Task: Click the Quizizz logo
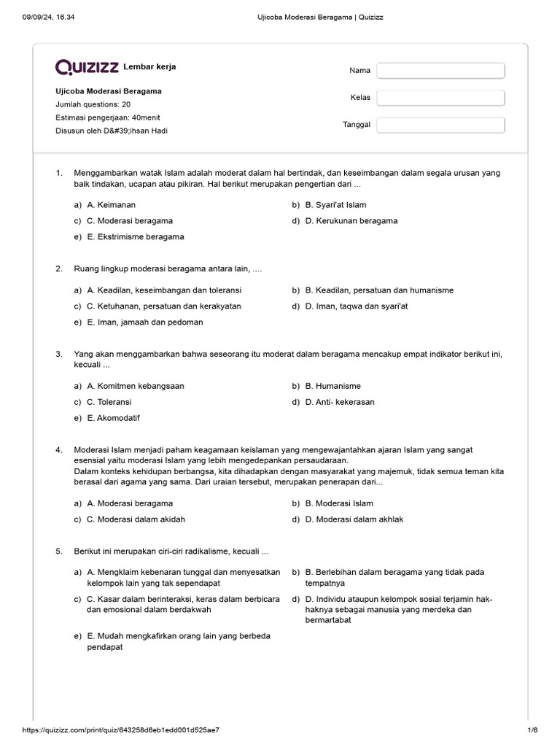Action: pos(87,67)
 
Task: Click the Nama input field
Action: pos(440,71)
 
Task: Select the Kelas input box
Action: pos(440,98)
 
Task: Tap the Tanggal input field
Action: pos(440,125)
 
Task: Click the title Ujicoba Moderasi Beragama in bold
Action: pos(109,91)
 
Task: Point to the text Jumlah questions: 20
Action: pos(93,104)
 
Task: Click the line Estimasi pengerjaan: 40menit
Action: pos(103,117)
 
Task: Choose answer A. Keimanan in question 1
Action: pos(111,205)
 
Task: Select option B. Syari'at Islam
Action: pos(335,205)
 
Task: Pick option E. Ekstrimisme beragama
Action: pos(135,236)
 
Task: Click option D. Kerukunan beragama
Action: pos(351,220)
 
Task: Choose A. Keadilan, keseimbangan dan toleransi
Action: pos(163,290)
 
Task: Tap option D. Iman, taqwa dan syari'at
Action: pos(357,306)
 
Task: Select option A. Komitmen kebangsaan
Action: pos(135,386)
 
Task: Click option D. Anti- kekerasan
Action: pos(340,402)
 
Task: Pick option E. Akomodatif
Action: pos(113,418)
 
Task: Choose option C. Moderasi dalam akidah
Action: pos(136,519)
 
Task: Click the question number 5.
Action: pos(58,551)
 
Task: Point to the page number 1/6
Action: pos(532,730)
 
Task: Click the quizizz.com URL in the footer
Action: pos(122,730)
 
